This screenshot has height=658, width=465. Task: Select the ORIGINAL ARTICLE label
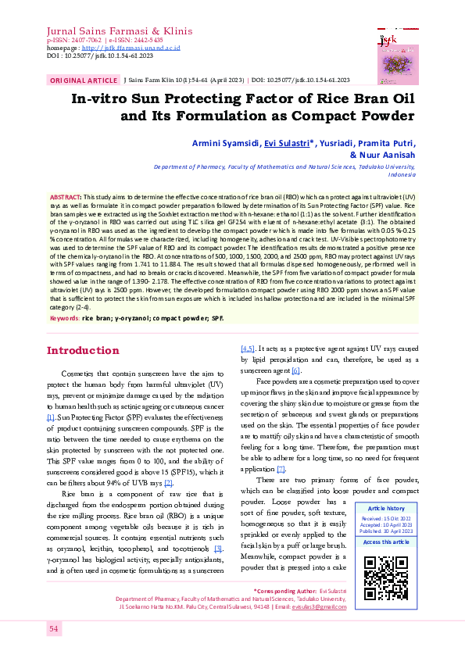coord(84,80)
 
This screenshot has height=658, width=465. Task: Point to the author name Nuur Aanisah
coord(394,155)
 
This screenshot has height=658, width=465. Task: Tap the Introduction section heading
coord(83,350)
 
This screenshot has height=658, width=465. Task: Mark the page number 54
coord(54,650)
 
